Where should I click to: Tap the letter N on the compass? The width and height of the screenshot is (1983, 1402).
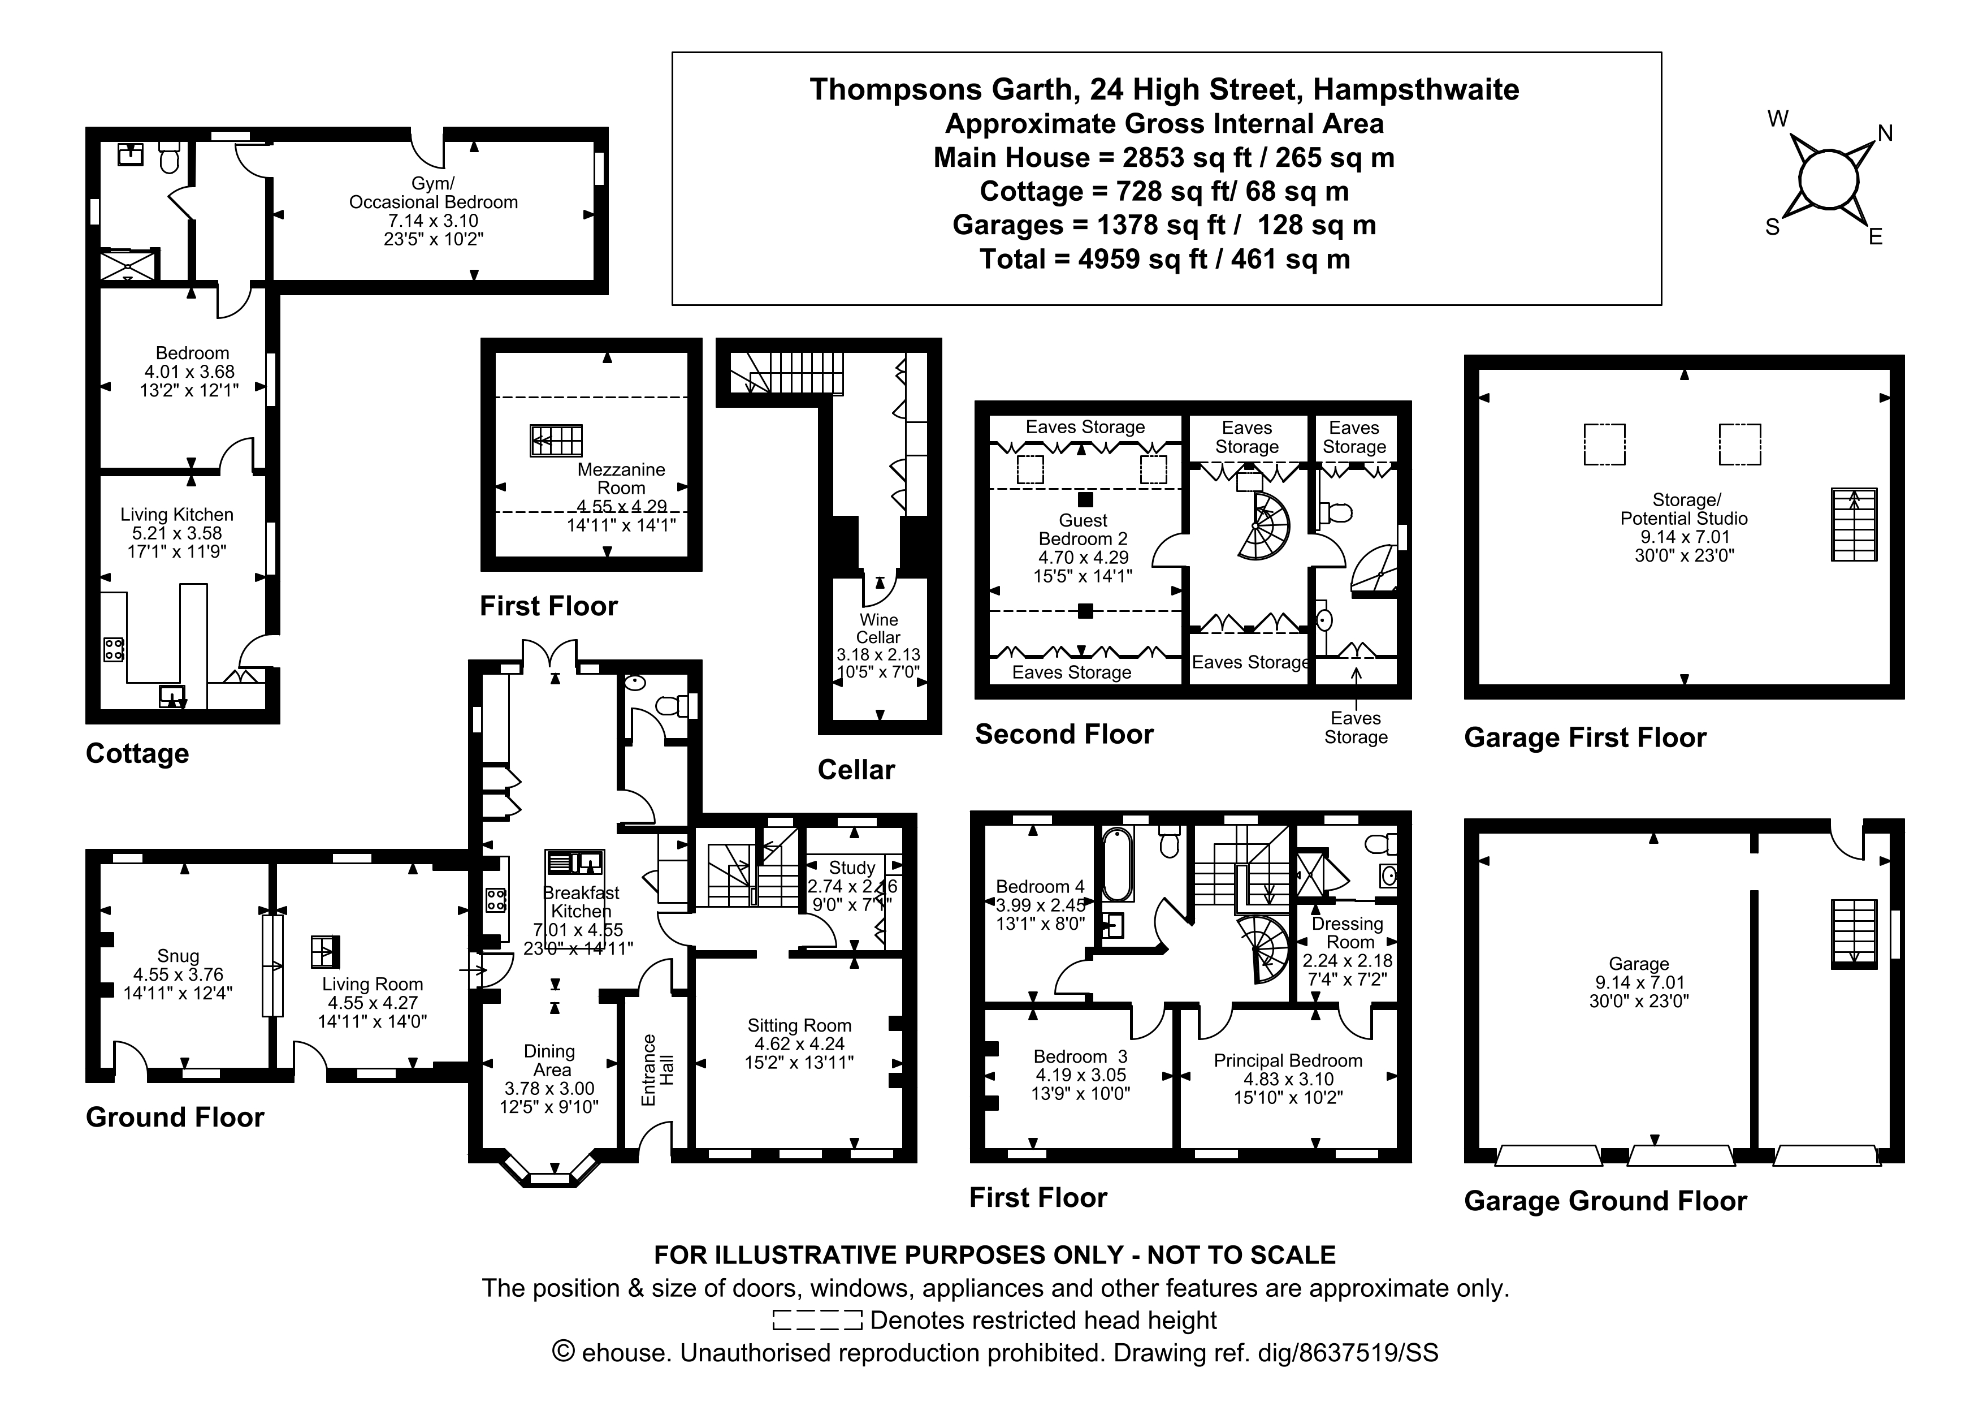[1885, 133]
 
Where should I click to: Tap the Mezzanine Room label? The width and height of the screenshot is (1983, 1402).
[621, 478]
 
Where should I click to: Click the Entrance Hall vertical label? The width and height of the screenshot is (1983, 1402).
[657, 1070]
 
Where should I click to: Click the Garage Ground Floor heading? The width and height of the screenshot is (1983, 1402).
[1605, 1201]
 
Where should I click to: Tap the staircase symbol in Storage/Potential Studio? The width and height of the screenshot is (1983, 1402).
[1854, 524]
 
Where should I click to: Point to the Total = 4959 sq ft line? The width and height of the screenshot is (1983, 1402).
[1164, 259]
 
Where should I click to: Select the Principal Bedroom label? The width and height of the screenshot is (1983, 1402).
[1288, 1061]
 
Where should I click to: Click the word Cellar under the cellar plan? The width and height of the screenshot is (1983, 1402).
[856, 770]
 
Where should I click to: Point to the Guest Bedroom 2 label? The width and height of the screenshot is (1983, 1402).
[1083, 529]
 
